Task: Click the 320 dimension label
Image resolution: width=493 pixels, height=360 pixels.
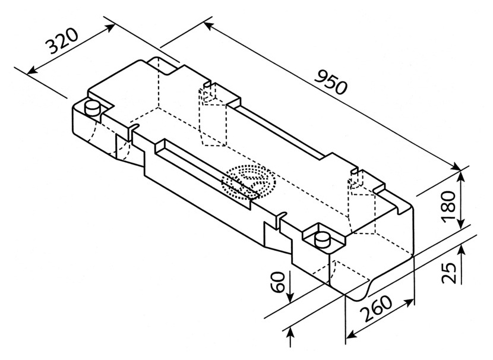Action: point(62,41)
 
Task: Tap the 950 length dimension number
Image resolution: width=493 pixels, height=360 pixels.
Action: point(331,83)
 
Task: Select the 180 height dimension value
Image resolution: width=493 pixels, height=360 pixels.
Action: point(448,206)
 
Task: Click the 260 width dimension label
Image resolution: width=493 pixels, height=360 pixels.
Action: point(377,308)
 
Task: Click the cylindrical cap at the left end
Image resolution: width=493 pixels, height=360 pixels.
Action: point(93,109)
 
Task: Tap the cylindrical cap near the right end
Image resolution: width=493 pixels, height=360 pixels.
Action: point(323,240)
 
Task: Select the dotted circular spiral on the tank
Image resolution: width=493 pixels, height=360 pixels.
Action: point(248,182)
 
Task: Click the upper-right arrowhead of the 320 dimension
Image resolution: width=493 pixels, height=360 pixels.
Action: point(110,28)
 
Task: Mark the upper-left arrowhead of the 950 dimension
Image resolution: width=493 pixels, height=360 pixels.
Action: point(208,26)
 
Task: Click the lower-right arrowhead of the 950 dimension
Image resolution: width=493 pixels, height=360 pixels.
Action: point(455,166)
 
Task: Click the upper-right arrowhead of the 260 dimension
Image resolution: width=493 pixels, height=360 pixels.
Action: point(409,302)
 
